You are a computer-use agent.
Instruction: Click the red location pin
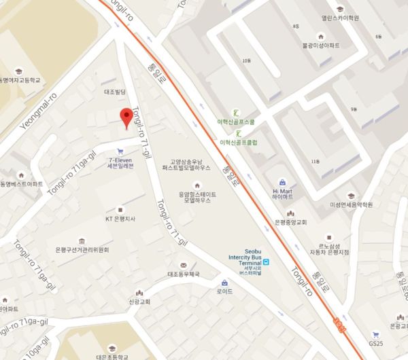126,116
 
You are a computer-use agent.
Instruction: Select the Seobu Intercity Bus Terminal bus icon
267,262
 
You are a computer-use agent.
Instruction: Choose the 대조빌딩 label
116,90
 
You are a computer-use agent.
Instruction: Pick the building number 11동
314,161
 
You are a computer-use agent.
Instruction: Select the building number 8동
294,25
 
